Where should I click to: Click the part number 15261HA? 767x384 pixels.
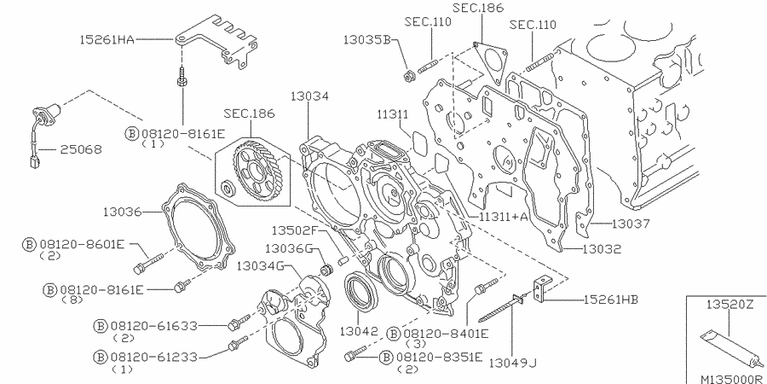click(x=108, y=39)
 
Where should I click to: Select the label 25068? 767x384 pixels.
click(x=80, y=149)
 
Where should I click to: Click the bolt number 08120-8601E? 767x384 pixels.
click(x=84, y=244)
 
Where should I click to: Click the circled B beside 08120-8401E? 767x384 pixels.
click(x=394, y=333)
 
